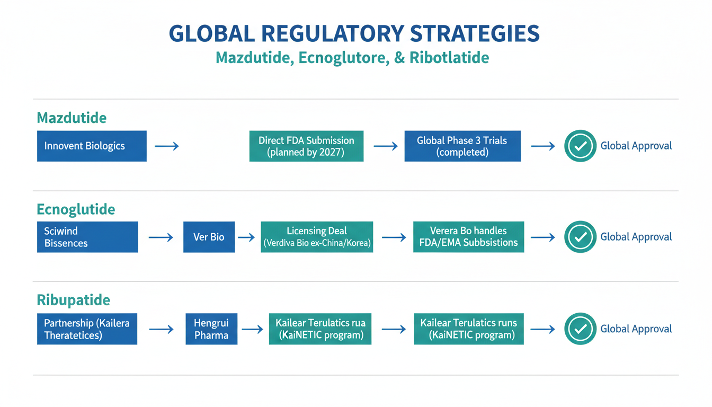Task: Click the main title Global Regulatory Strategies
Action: click(354, 33)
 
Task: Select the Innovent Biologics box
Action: click(92, 146)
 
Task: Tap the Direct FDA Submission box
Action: click(306, 146)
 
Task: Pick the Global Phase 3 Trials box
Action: click(462, 146)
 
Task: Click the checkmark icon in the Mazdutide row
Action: click(580, 146)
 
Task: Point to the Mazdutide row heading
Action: click(72, 118)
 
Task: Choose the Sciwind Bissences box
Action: click(87, 237)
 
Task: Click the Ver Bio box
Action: click(209, 237)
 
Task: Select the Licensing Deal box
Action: click(317, 237)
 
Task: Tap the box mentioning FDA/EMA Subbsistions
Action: click(468, 237)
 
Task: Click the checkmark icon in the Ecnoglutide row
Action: click(580, 237)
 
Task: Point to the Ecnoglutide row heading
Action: click(76, 209)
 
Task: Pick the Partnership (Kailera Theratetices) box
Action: click(87, 329)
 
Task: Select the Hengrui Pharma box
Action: click(211, 329)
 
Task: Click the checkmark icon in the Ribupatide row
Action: click(580, 329)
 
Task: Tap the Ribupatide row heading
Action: click(74, 300)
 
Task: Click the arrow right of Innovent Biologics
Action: click(166, 146)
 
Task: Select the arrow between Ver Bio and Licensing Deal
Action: click(246, 237)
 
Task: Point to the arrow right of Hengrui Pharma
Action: click(252, 329)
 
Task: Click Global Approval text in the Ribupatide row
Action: click(636, 329)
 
